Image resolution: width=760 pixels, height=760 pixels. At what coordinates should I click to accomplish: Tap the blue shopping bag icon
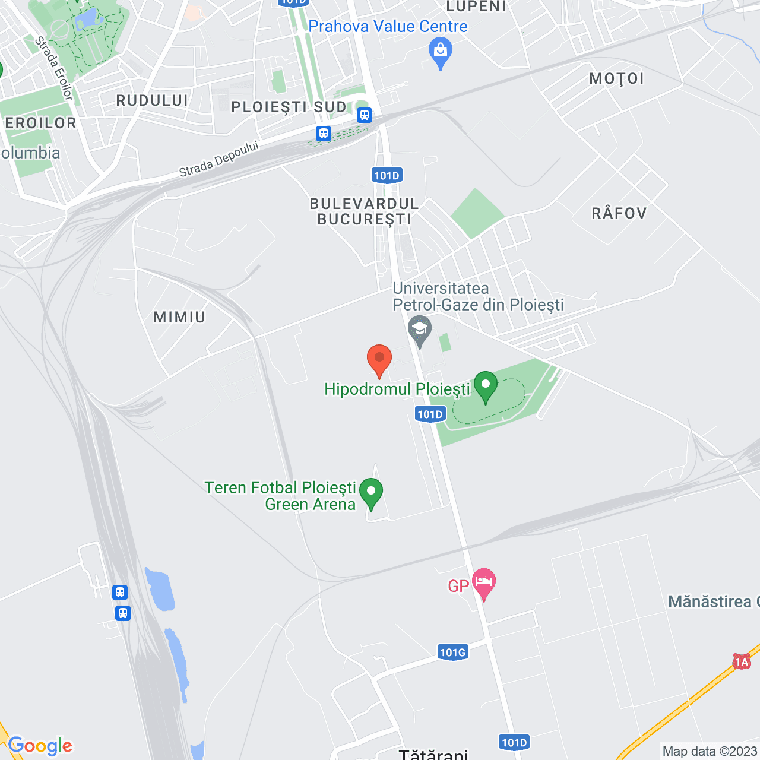tap(441, 52)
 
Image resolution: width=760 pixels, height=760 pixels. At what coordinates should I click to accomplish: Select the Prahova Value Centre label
tap(388, 27)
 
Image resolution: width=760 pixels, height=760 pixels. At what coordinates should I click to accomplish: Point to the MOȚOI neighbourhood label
tap(616, 79)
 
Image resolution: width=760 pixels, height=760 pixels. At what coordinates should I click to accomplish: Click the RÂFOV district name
tap(619, 213)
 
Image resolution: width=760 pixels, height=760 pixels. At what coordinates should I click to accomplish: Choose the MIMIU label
tap(179, 317)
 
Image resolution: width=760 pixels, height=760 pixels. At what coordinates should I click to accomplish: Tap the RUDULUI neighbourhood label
tap(152, 100)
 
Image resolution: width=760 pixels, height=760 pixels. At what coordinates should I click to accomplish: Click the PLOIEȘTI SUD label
tap(289, 107)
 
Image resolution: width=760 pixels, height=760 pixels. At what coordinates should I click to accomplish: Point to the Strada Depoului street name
tap(219, 159)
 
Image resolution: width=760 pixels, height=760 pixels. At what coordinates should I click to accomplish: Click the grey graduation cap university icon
tap(420, 330)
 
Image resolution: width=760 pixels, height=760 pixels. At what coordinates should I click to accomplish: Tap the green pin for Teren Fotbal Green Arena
tap(371, 493)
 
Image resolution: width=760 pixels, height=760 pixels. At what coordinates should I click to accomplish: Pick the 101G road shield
tap(453, 653)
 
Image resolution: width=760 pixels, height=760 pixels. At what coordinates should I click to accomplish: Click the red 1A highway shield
tap(741, 661)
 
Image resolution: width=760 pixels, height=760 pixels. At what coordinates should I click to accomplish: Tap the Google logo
tap(40, 746)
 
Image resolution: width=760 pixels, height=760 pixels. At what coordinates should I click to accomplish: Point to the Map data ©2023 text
tap(710, 751)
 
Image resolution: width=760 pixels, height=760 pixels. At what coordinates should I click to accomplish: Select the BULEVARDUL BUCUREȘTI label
tap(364, 211)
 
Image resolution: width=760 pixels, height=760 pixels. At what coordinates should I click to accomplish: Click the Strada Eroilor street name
tap(53, 67)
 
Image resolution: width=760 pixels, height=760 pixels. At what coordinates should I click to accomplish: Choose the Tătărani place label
tap(433, 754)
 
